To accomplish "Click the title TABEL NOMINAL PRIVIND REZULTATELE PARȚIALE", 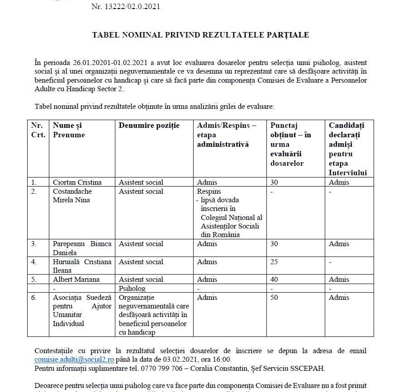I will pyautogui.click(x=200, y=35).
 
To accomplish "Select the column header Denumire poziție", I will pyautogui.click(x=149, y=126).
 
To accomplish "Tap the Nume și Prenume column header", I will pyautogui.click(x=69, y=130).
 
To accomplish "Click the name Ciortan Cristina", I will pyautogui.click(x=77, y=182).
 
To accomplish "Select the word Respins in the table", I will pyautogui.click(x=209, y=191).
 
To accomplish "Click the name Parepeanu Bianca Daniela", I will pyautogui.click(x=82, y=248).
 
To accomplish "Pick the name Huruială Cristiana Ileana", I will pyautogui.click(x=82, y=266).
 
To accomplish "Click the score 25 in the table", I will pyautogui.click(x=274, y=262).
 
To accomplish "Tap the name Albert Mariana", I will pyautogui.click(x=76, y=280).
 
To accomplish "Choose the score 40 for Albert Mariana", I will pyautogui.click(x=274, y=280).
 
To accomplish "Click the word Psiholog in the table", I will pyautogui.click(x=132, y=288).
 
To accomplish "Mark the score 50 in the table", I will pyautogui.click(x=274, y=298).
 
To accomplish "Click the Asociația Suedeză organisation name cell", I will pyautogui.click(x=82, y=311).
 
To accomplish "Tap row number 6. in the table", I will pyautogui.click(x=34, y=298).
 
